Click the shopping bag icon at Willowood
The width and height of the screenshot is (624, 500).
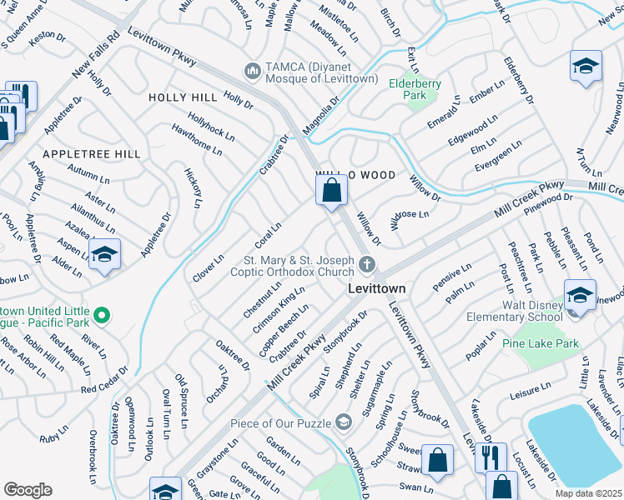tap(332, 189)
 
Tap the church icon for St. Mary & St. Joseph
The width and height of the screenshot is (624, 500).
tap(366, 266)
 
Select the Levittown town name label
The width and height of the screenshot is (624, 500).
tap(376, 288)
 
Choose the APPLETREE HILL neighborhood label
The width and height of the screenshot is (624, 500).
tap(92, 154)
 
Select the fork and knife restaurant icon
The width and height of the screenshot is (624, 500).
tap(490, 456)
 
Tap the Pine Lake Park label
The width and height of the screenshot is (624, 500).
tap(541, 342)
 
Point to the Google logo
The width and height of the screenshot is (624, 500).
tap(28, 489)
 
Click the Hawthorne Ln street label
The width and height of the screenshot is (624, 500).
tap(197, 140)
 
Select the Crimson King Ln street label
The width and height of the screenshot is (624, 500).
tap(280, 308)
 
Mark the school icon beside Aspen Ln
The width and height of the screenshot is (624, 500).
tap(105, 255)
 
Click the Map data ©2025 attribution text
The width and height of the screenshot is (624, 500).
tap(587, 493)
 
